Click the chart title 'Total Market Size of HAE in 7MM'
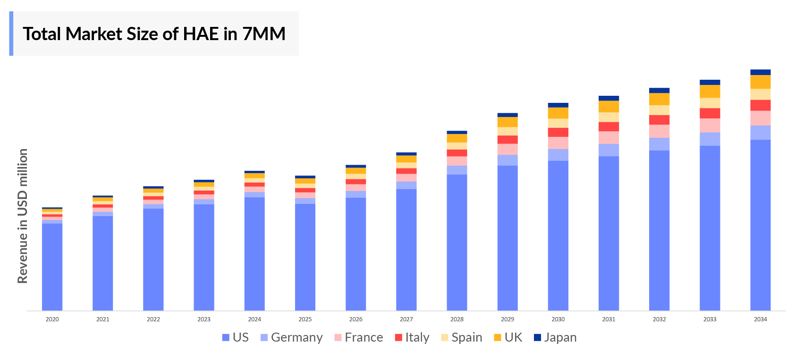pyautogui.click(x=154, y=34)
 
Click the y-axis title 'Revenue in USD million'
pyautogui.click(x=23, y=216)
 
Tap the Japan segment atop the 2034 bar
pyautogui.click(x=760, y=72)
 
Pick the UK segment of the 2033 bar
pyautogui.click(x=710, y=91)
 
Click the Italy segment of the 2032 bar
pyautogui.click(x=659, y=120)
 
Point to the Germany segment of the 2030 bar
pyautogui.click(x=558, y=155)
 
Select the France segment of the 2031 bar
pyautogui.click(x=609, y=137)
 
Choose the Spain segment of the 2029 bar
pyautogui.click(x=508, y=131)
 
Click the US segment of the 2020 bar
pyautogui.click(x=52, y=267)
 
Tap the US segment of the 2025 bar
pyautogui.click(x=305, y=257)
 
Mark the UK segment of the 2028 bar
pyautogui.click(x=457, y=138)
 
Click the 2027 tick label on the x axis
pyautogui.click(x=406, y=319)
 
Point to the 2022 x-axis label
pyautogui.click(x=153, y=319)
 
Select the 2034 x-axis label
pyautogui.click(x=760, y=319)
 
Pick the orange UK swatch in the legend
pyautogui.click(x=497, y=337)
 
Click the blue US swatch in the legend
pyautogui.click(x=226, y=337)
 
